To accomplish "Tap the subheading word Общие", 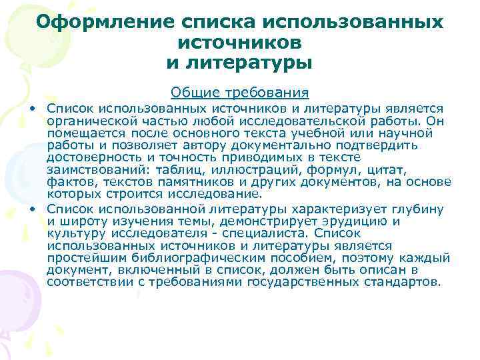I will pyautogui.click(x=191, y=91).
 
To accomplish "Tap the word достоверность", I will pyautogui.click(x=90, y=157).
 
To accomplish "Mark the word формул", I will pyautogui.click(x=308, y=169).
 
